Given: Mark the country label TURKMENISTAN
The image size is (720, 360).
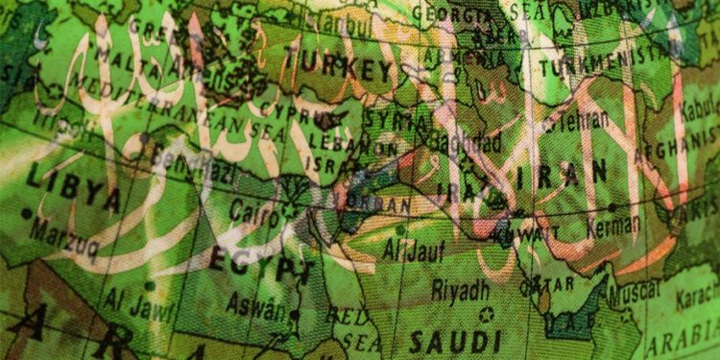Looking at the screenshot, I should pos(600,69).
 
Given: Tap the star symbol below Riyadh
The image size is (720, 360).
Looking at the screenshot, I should pos(486,313).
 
